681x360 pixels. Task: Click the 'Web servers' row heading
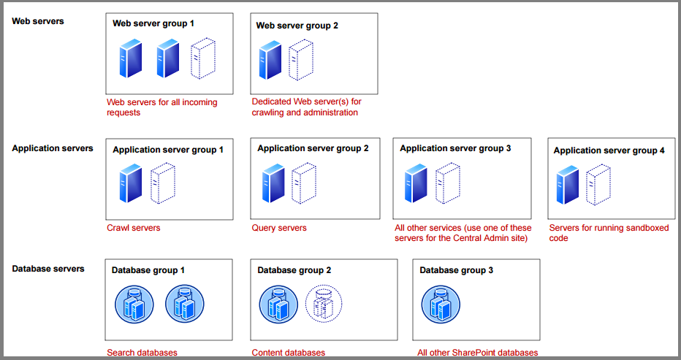pos(38,21)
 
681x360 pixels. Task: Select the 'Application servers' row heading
pos(53,148)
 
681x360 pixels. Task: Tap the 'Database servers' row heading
pos(48,269)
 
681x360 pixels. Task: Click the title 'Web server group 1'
pos(153,23)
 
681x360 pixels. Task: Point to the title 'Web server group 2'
pos(297,26)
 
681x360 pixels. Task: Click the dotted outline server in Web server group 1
pos(203,58)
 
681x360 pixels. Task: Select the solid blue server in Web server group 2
pos(270,61)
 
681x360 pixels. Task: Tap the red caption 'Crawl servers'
pos(134,228)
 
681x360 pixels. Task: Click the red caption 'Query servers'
pos(279,228)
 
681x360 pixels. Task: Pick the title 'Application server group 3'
pos(455,148)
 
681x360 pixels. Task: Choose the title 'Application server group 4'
pos(609,150)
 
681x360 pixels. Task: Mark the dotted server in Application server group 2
pos(303,183)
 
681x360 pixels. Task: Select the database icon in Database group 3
pos(441,303)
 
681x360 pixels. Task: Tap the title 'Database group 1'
pos(148,270)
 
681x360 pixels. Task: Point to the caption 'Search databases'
pos(142,353)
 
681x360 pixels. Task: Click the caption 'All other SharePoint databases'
pos(478,353)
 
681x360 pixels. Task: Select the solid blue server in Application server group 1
pos(131,183)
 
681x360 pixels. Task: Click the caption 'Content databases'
pos(289,353)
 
